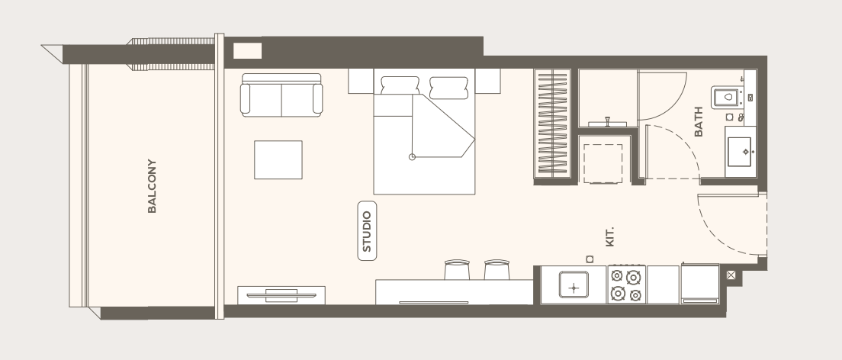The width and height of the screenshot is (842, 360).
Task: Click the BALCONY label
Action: pyautogui.click(x=152, y=186)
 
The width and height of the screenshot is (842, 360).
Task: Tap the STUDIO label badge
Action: pyautogui.click(x=368, y=231)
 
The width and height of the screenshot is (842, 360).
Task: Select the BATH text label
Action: pyautogui.click(x=699, y=121)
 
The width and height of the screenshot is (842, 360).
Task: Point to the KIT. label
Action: pyautogui.click(x=609, y=237)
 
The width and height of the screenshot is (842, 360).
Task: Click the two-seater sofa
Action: pyautogui.click(x=281, y=95)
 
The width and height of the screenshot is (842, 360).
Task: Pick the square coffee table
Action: pyautogui.click(x=278, y=159)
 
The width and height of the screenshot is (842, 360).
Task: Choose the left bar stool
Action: pyautogui.click(x=457, y=270)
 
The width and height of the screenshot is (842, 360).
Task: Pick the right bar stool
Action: pyautogui.click(x=497, y=270)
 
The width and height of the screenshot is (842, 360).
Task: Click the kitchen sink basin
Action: pyautogui.click(x=574, y=284)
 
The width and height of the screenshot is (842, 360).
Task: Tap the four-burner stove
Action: pyautogui.click(x=627, y=284)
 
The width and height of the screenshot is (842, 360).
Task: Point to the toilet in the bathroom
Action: pyautogui.click(x=727, y=98)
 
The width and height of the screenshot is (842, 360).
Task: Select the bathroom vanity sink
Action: pyautogui.click(x=741, y=152)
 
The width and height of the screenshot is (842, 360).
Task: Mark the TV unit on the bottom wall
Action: pyautogui.click(x=281, y=295)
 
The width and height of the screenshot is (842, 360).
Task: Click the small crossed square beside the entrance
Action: pyautogui.click(x=731, y=275)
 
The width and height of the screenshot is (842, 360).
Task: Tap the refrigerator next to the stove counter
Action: pyautogui.click(x=700, y=284)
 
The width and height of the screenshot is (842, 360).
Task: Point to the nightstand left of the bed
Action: pyautogui.click(x=361, y=81)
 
